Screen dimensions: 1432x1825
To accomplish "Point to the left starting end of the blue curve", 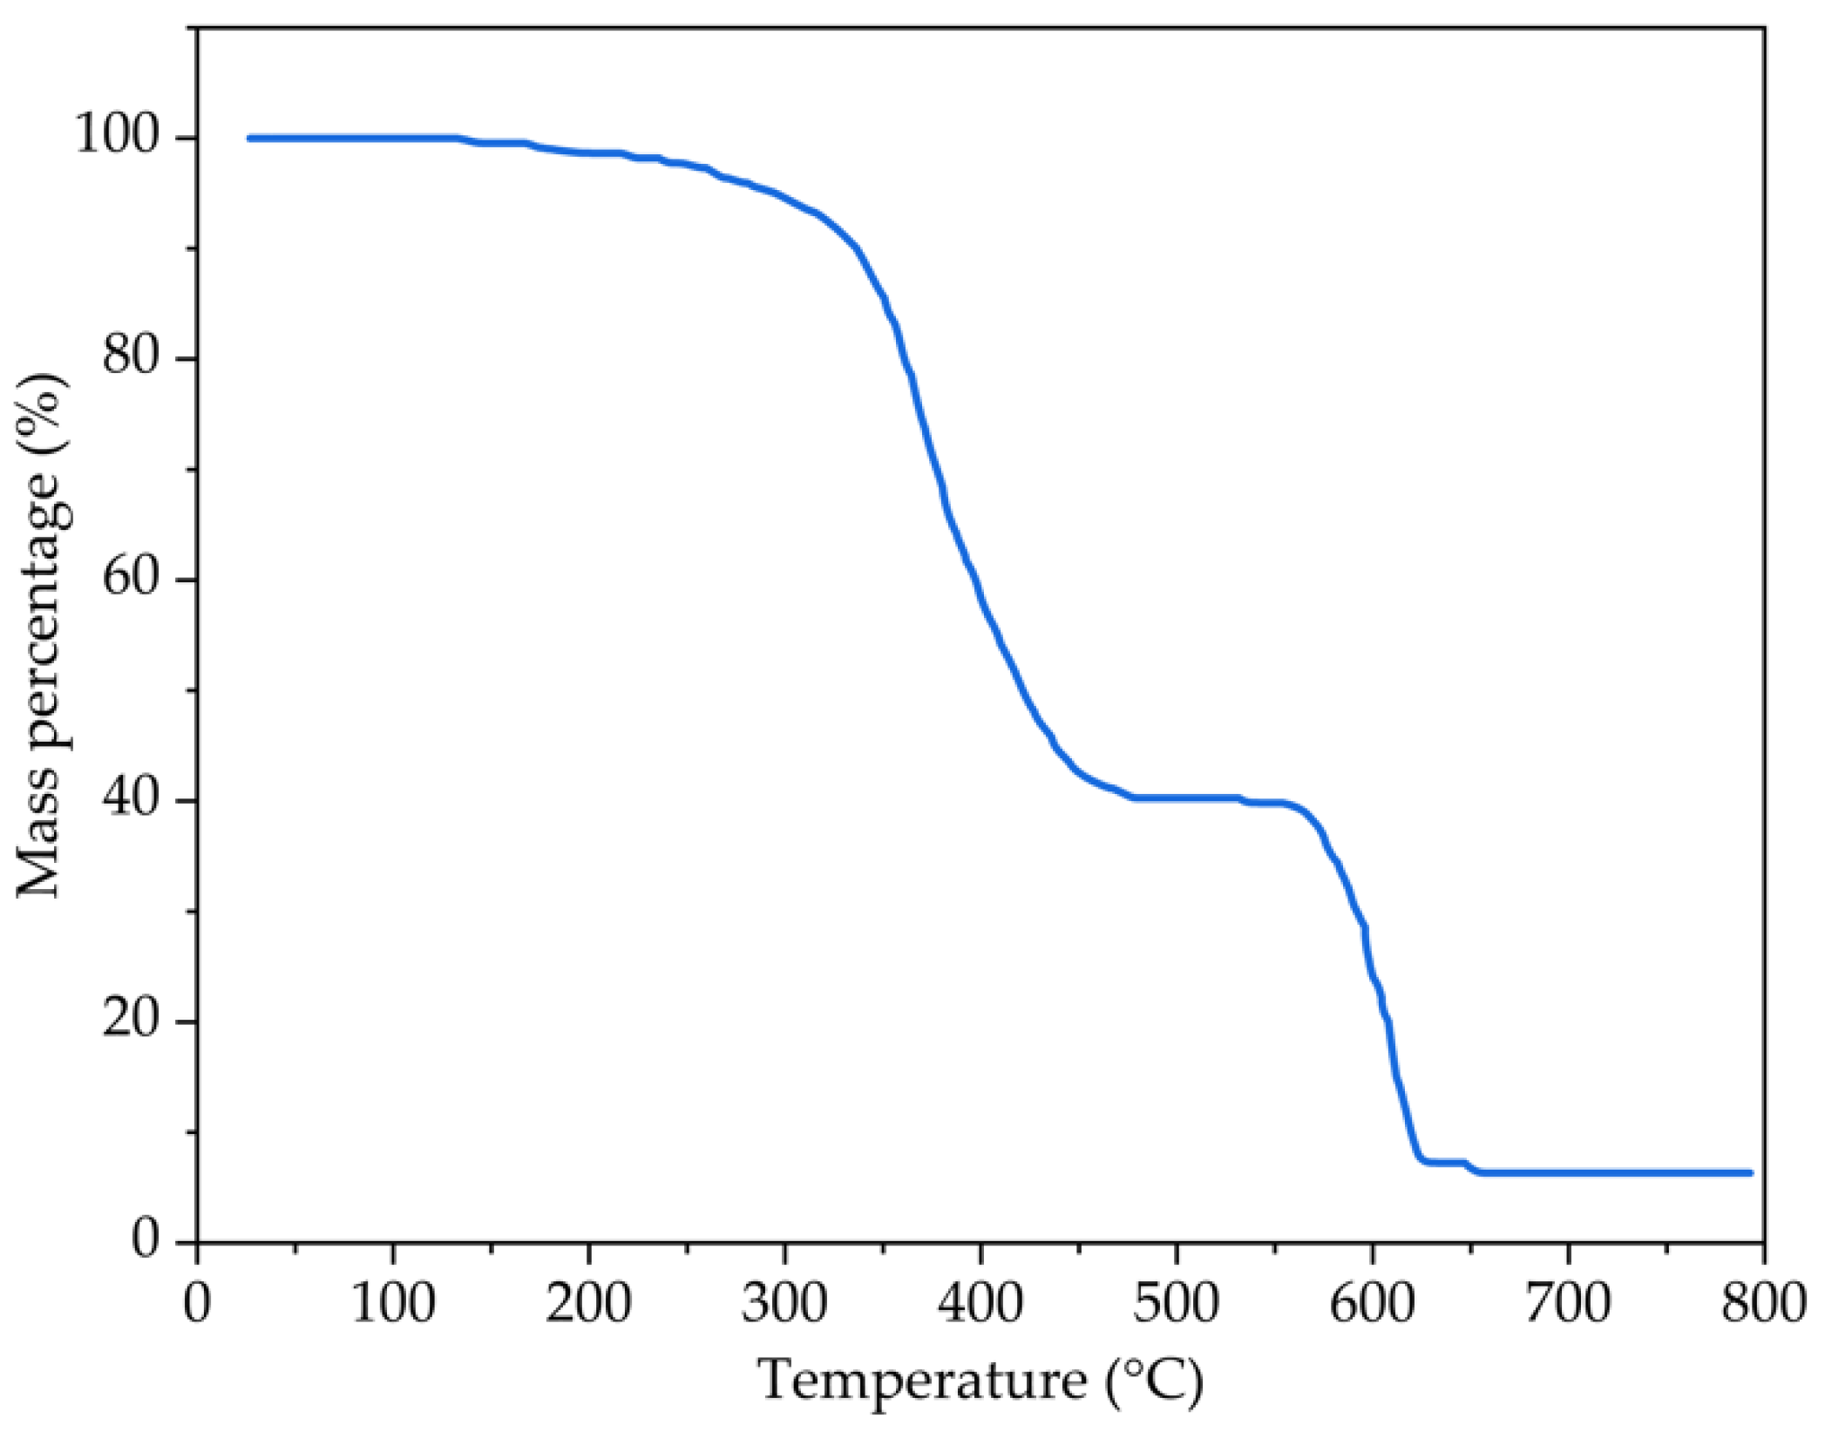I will coord(250,138).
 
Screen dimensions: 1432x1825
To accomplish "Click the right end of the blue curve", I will coord(1749,1173).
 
